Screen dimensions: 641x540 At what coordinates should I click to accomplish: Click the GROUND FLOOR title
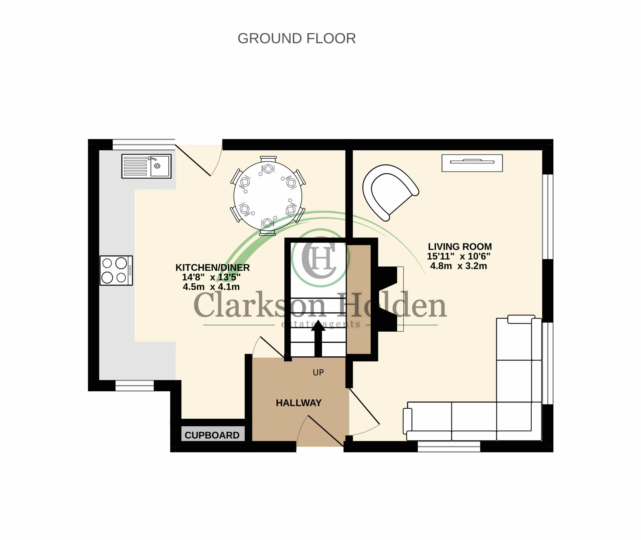coord(296,39)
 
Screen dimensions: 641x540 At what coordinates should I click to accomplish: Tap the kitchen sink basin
coord(159,166)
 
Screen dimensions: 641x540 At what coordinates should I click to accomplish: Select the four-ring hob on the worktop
coord(116,271)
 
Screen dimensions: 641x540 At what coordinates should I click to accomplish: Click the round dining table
coord(268,196)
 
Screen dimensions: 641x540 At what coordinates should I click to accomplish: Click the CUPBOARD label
coord(212,435)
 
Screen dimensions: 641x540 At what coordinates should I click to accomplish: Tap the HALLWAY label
coord(299,403)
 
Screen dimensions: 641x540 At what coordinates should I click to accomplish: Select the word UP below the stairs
coord(318,373)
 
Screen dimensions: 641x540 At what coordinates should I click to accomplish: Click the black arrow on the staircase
coord(318,338)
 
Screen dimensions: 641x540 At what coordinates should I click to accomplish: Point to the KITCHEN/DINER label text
coord(213,267)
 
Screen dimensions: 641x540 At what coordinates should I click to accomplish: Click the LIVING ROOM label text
coord(460,246)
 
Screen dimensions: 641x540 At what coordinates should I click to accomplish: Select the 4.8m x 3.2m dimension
coord(458,266)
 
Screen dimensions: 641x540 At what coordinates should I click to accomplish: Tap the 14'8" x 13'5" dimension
coord(211,277)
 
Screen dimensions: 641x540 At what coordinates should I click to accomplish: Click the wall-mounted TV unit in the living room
coord(472,163)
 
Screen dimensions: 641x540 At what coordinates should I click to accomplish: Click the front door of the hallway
coord(326,431)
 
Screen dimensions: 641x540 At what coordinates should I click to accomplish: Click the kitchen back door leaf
coord(193,160)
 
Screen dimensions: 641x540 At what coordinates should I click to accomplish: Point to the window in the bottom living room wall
coord(449,447)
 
